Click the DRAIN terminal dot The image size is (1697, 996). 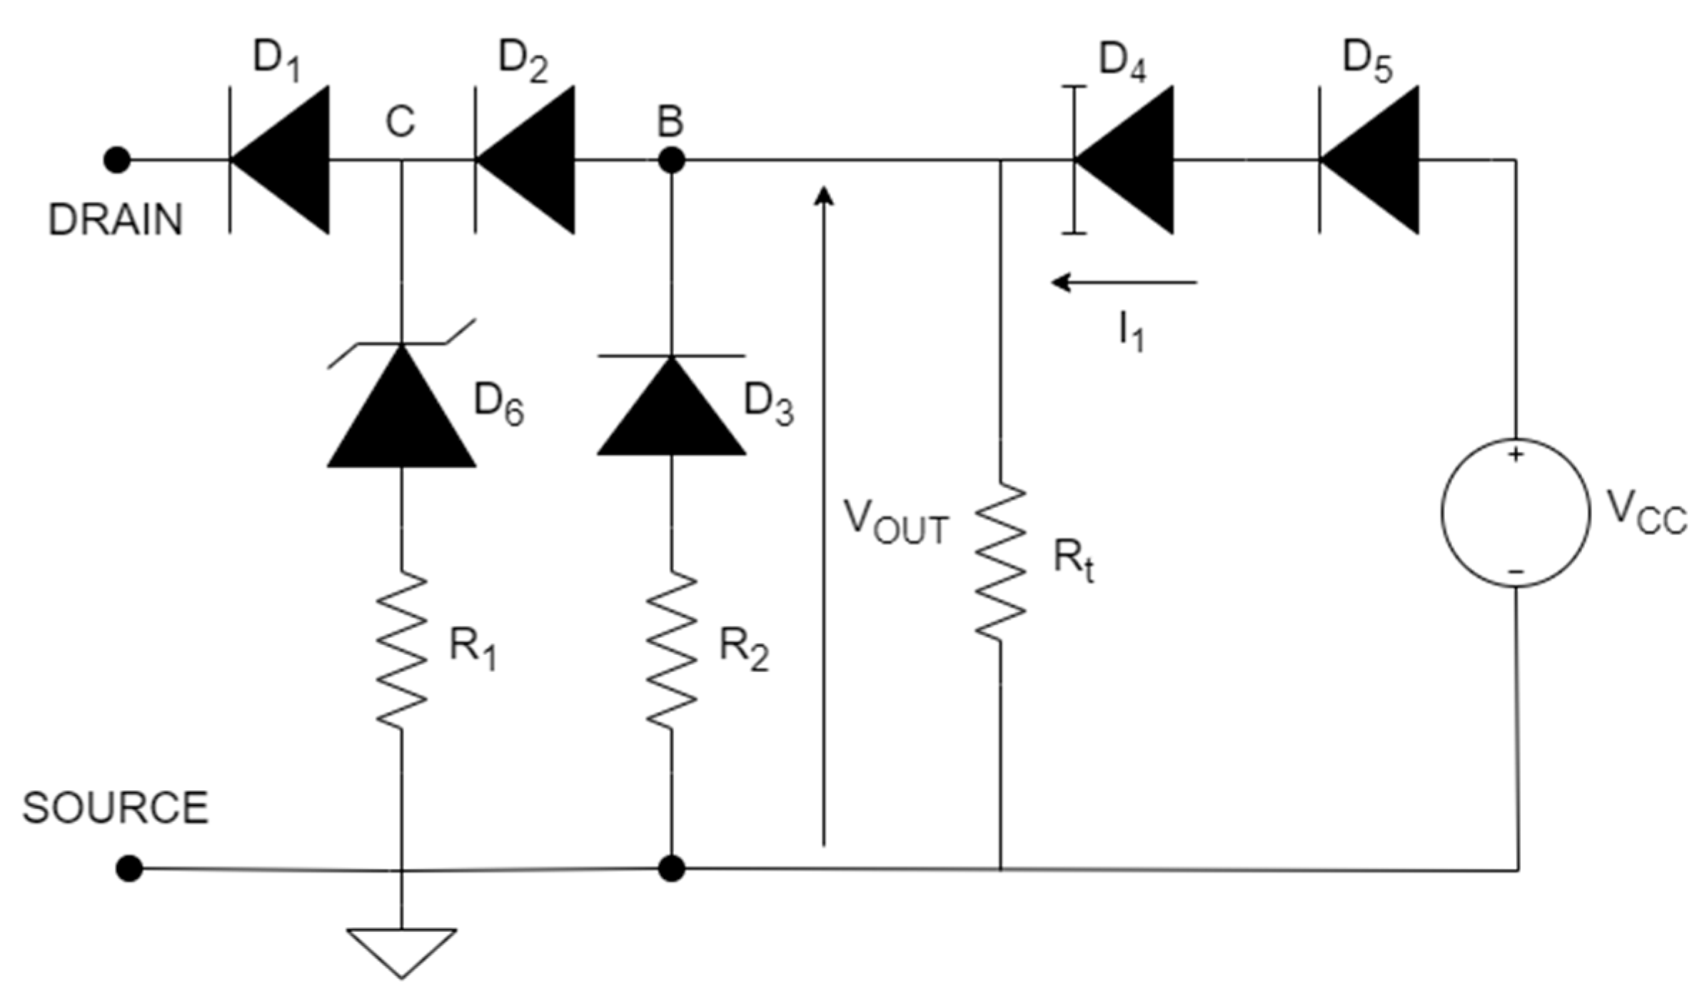(117, 160)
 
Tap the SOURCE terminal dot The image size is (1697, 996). (129, 868)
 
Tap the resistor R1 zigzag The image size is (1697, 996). (401, 649)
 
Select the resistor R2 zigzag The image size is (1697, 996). (671, 649)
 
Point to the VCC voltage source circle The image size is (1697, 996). (1516, 512)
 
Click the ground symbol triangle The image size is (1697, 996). (401, 949)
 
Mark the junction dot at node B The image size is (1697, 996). (671, 160)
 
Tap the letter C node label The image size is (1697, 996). (400, 122)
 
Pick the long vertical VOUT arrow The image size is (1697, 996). (824, 514)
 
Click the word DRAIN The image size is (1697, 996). (116, 220)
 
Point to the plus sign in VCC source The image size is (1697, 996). (1515, 454)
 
